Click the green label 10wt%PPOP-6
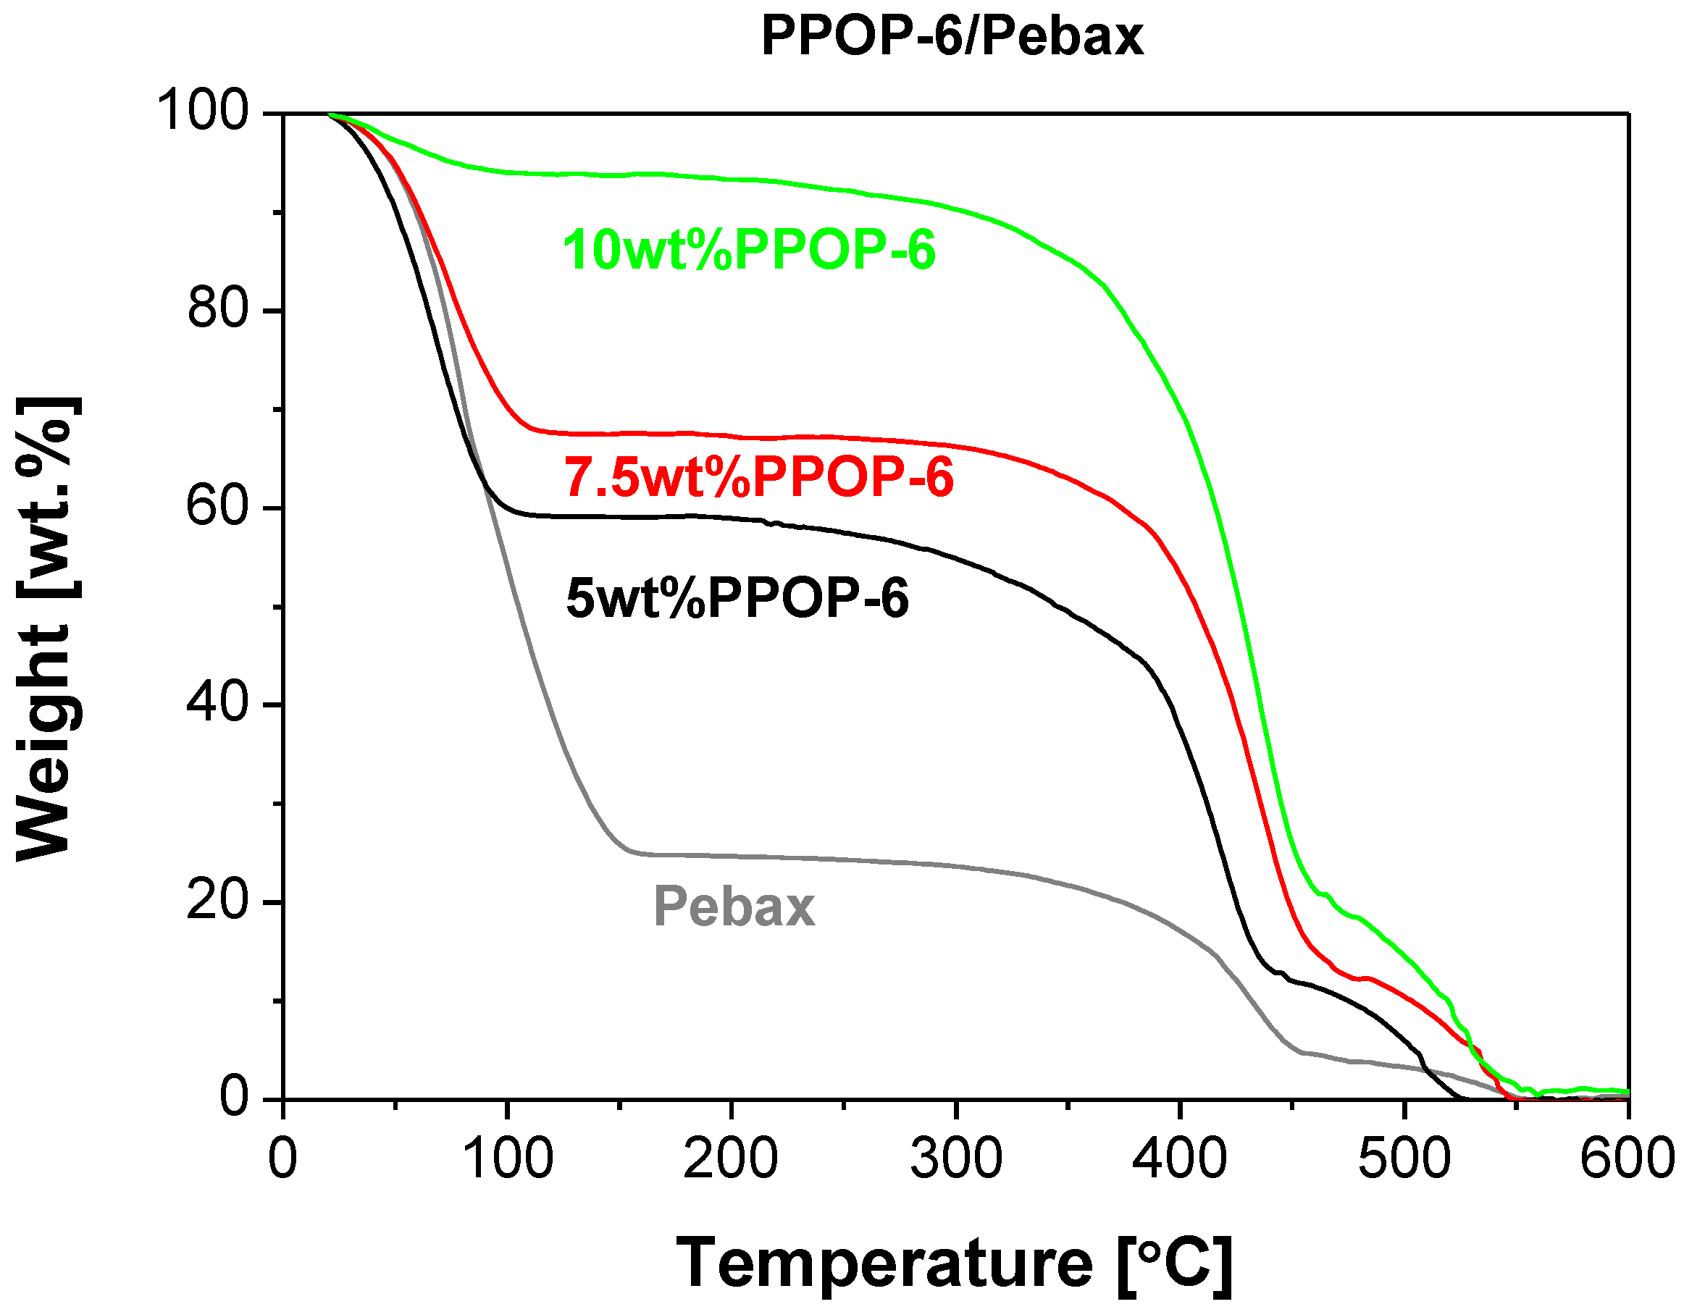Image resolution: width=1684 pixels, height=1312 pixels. [749, 250]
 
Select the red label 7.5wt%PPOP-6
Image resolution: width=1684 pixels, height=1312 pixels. [759, 476]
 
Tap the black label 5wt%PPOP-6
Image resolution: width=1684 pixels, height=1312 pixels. [737, 598]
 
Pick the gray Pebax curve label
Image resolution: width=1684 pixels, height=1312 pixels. [734, 907]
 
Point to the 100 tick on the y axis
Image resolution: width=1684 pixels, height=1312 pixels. [204, 110]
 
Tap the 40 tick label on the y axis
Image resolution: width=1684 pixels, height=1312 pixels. [219, 703]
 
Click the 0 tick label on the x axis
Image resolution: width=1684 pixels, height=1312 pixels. [283, 1158]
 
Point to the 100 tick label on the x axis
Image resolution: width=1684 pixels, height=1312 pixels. [507, 1158]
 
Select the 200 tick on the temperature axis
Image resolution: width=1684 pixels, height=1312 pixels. [731, 1158]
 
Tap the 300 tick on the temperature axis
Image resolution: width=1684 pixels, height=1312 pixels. [956, 1158]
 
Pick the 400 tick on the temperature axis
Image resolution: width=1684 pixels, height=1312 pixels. [1180, 1158]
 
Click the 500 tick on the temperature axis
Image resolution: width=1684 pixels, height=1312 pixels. [1404, 1158]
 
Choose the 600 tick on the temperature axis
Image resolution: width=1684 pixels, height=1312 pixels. [1627, 1158]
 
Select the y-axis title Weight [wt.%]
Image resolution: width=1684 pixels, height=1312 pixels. [46, 628]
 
